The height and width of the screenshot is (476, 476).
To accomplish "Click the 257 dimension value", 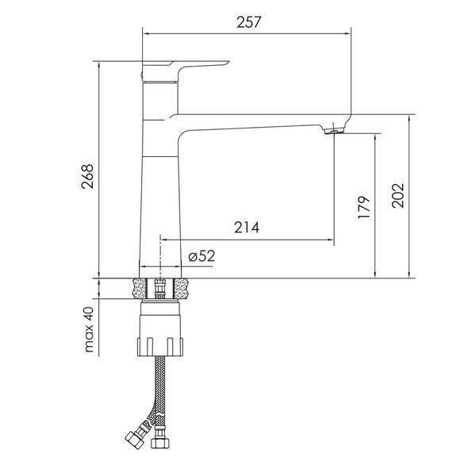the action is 248,22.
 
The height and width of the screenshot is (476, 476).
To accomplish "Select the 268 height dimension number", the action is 88,176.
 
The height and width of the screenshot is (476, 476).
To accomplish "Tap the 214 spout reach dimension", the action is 247,228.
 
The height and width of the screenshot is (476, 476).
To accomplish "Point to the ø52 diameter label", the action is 202,255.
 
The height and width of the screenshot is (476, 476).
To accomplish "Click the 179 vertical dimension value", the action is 364,207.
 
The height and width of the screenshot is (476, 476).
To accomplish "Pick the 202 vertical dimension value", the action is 398,195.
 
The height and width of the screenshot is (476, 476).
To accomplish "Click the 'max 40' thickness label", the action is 90,329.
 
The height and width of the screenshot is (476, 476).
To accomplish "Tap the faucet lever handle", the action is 185,71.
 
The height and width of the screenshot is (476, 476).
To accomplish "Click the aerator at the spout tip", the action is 333,131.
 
